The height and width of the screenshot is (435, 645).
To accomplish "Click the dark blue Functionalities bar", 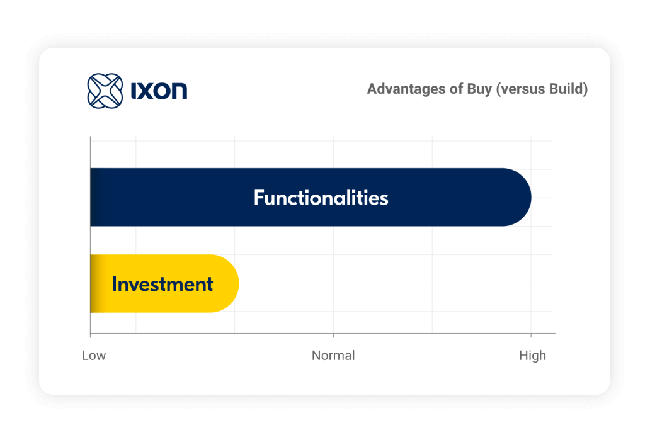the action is point(311,197).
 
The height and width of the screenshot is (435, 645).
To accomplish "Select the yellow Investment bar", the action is point(164,283).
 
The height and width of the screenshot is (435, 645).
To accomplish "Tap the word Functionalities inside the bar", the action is point(321,198).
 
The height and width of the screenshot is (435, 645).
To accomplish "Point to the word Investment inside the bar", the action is point(163,284).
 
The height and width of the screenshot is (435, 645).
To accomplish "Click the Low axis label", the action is point(94,355).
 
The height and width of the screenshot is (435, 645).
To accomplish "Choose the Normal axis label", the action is point(333,355).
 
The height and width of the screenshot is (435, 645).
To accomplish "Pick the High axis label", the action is point(533,355).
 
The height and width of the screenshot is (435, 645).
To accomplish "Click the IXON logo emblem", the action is point(105,91).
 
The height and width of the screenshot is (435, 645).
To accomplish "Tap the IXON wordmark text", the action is point(159,91).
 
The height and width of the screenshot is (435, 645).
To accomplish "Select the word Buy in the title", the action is point(479,89).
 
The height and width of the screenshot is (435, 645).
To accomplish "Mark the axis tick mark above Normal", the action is point(334,335).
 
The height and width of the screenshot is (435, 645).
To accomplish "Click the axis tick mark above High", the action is point(531,335).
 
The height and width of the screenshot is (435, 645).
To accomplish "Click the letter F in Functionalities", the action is point(259,197).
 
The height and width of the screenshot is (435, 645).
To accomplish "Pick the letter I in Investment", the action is point(115,284).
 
